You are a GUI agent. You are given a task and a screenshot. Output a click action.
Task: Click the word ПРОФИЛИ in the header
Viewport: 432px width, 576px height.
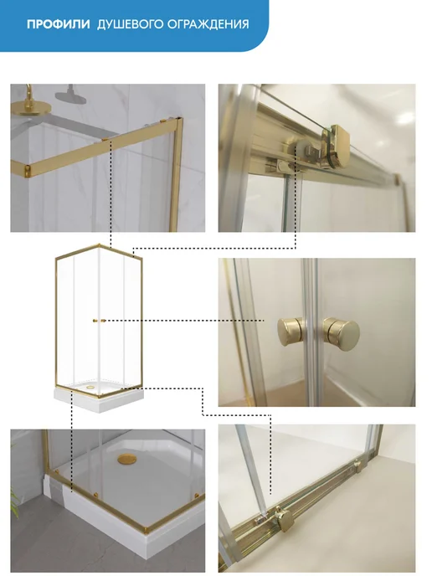tap(59, 24)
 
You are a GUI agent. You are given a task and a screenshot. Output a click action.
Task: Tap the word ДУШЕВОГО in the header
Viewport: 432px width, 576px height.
tap(130, 24)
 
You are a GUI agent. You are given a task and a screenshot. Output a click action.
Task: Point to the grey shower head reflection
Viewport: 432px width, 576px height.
tap(69, 95)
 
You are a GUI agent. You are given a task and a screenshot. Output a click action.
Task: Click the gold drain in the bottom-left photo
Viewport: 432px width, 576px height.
tap(126, 459)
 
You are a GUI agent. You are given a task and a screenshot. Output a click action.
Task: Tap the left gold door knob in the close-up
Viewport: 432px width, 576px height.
tap(289, 332)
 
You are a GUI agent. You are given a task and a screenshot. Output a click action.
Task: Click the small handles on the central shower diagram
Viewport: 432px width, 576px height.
tap(99, 321)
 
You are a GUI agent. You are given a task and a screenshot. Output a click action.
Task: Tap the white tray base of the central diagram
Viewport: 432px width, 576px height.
tap(99, 399)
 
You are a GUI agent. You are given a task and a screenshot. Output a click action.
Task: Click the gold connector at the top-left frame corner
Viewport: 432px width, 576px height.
tap(27, 170)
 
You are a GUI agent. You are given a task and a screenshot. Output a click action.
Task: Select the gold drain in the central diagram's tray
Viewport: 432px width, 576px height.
tap(90, 387)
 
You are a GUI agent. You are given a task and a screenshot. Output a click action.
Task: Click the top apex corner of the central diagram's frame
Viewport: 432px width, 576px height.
tap(99, 244)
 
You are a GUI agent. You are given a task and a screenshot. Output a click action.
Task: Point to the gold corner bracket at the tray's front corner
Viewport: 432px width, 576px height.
tap(147, 529)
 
